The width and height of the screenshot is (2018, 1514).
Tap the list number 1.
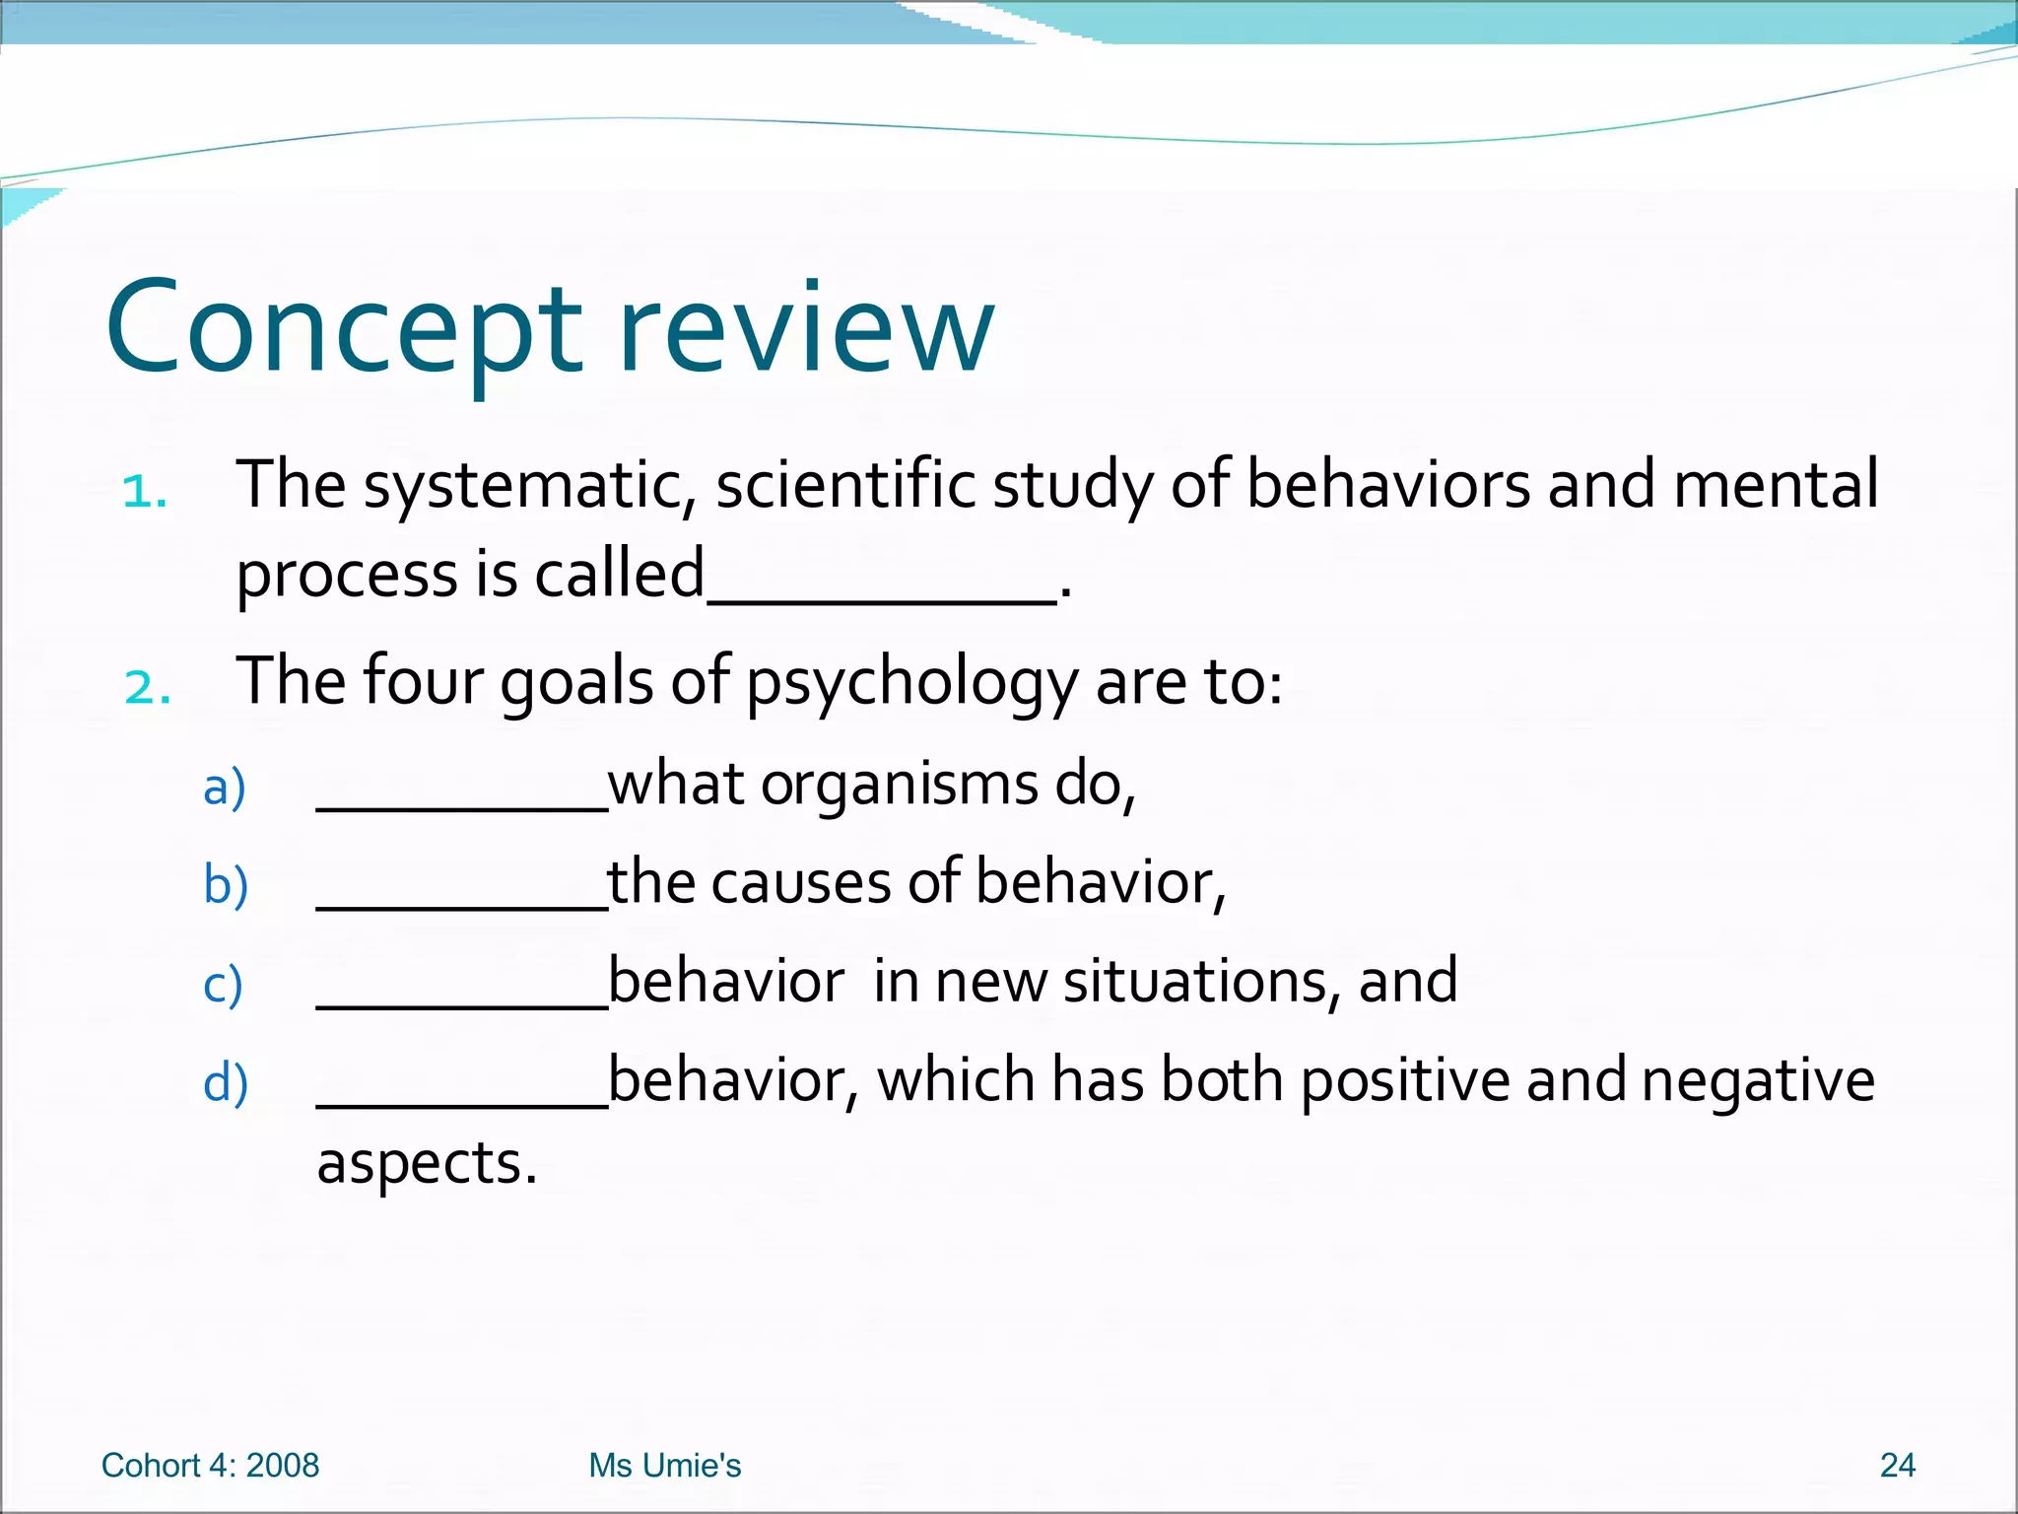pos(145,491)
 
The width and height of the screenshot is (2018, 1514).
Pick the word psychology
pos(911,682)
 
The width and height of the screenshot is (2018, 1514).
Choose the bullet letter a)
pos(225,788)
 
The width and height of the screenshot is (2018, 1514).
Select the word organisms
pos(899,786)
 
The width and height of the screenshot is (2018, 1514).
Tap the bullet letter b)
pos(226,884)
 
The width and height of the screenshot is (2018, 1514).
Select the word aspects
pos(426,1164)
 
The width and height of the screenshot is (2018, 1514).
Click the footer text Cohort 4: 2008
pos(210,1466)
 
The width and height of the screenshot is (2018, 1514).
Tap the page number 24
pos(1897,1466)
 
